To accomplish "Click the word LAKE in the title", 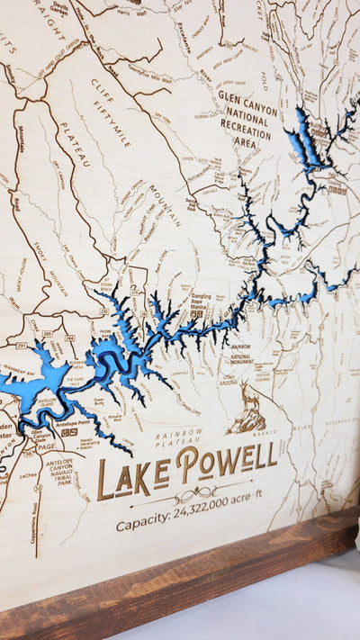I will pos(133,474).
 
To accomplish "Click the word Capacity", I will pos(143,524).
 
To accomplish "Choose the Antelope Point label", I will pos(58,424).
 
